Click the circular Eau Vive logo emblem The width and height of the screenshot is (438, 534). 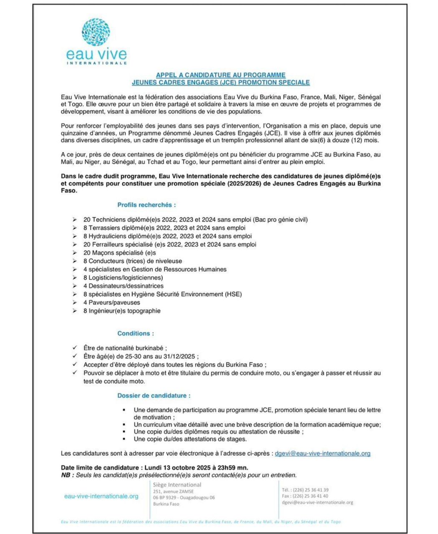point(96,32)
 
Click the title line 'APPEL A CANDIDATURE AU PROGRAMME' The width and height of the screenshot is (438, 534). point(221,75)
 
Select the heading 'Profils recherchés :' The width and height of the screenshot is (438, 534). point(146,205)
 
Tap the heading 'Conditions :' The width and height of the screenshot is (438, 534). point(136,333)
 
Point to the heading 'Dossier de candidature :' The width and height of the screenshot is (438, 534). point(154,395)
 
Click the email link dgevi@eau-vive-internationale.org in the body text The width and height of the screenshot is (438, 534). point(322,453)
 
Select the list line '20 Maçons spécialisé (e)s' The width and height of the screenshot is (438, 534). point(119,252)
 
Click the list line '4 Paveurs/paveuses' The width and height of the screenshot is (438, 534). point(111,302)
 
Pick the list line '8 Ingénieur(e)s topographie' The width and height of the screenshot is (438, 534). point(122,311)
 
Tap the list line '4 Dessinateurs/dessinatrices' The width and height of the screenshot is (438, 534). point(123,286)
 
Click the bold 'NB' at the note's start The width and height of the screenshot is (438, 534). point(65,475)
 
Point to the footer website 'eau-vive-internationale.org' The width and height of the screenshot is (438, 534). point(101,496)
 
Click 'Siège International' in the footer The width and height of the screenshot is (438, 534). point(177,485)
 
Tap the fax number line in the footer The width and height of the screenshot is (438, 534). point(305,496)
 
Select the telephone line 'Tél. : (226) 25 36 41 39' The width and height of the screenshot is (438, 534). point(305,490)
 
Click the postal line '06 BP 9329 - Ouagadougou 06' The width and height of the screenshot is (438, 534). point(184,497)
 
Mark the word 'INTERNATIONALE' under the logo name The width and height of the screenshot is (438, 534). point(97,63)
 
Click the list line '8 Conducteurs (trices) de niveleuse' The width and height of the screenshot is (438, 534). point(133,261)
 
